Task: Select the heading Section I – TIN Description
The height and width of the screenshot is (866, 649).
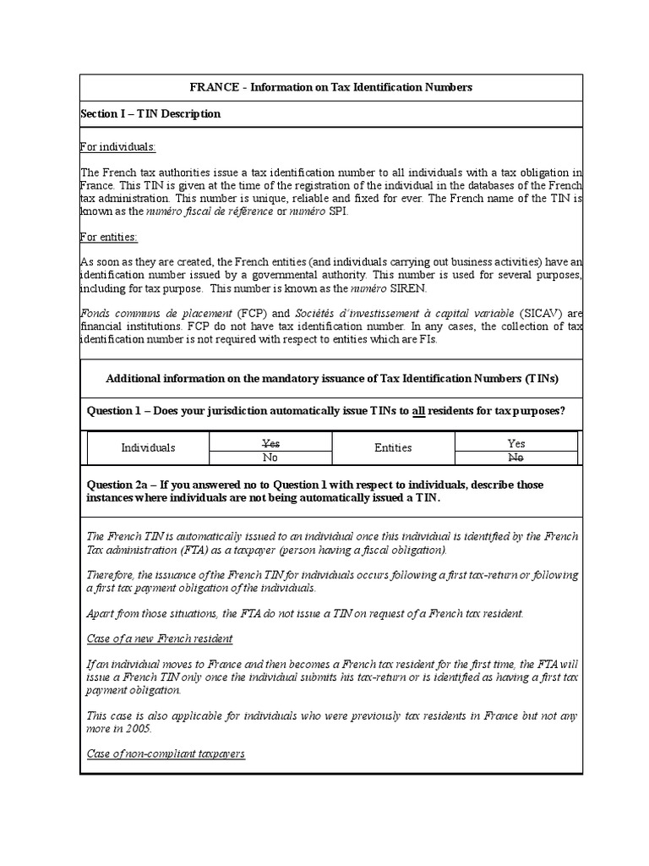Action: point(150,113)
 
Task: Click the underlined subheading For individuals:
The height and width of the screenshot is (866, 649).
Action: point(117,146)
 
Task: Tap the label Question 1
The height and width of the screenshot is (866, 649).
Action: point(122,411)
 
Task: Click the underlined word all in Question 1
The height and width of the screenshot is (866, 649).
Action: point(418,411)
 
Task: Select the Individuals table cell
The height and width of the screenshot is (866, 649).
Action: point(148,447)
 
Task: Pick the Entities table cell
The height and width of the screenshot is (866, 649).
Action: point(393,447)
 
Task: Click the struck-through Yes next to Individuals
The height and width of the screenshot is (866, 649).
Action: point(270,443)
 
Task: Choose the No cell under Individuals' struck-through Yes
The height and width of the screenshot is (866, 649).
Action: point(270,458)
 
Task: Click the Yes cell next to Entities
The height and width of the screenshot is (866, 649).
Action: point(516,443)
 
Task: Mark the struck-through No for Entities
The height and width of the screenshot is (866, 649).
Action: point(516,458)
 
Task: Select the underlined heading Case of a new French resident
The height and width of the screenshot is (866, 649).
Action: point(160,638)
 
